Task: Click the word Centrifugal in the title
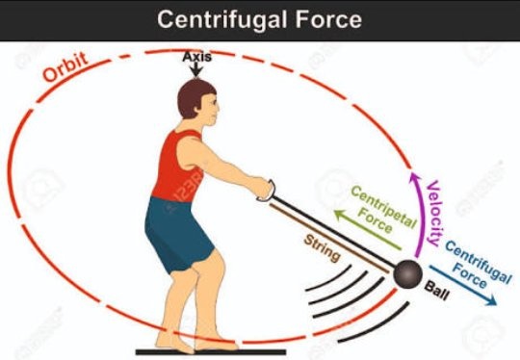221,19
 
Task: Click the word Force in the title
328,19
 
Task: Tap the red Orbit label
65,67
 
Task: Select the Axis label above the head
196,57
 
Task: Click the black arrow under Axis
196,70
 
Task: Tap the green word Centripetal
383,207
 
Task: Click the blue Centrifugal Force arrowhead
491,300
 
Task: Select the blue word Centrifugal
479,262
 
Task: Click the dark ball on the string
407,273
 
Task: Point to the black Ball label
437,291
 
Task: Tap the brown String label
322,248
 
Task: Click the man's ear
199,108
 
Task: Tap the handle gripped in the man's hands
268,192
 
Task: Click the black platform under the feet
211,352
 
